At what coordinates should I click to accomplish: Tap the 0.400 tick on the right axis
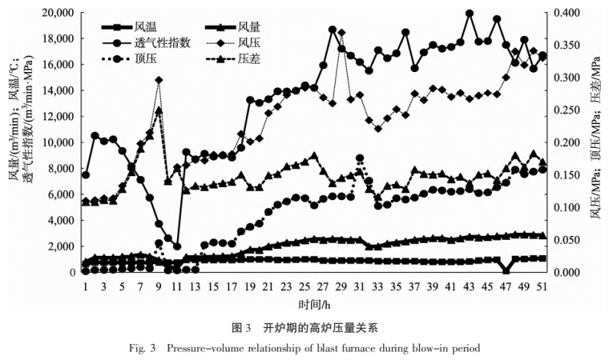[567, 13]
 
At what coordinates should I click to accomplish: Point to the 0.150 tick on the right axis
[567, 175]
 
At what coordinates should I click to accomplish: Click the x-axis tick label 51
[543, 286]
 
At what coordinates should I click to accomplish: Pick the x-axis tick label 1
[85, 286]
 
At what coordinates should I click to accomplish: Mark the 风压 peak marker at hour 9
[159, 80]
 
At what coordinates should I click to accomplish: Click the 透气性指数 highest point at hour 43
[469, 14]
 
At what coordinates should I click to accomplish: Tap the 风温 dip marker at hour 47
[506, 270]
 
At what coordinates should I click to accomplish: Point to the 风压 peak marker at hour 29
[341, 33]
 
